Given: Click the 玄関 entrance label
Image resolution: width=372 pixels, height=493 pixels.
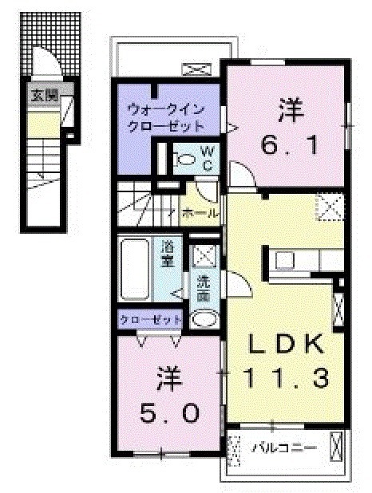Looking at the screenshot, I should (45, 95).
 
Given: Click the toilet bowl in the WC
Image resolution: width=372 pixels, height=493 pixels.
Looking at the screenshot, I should (185, 158).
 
